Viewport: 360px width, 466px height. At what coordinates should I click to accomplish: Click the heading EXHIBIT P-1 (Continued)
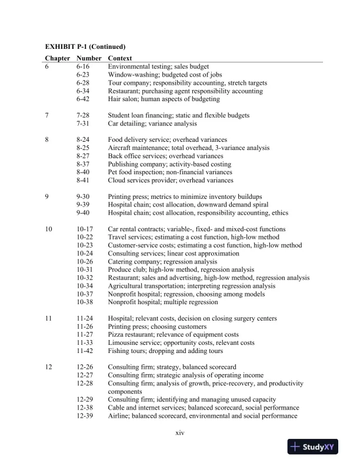tap(86, 46)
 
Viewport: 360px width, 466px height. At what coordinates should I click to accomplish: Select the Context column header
tap(120, 58)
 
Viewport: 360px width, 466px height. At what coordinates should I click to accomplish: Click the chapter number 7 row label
tap(48, 115)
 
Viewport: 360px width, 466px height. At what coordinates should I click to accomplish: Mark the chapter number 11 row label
tap(49, 318)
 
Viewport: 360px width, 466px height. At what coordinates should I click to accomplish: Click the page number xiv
tap(181, 434)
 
